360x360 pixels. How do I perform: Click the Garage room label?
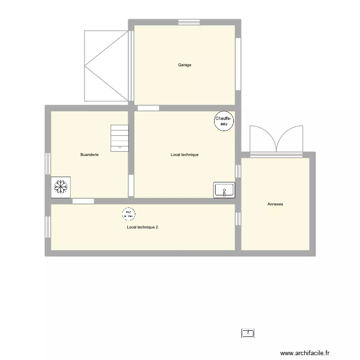click(185, 65)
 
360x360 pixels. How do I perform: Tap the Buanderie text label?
click(90, 155)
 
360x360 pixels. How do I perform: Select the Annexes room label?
click(275, 204)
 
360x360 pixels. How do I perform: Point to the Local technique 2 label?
click(143, 227)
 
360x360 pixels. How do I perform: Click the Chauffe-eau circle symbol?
click(224, 121)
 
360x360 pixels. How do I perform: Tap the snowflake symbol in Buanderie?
click(61, 187)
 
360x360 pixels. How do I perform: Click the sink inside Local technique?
click(224, 190)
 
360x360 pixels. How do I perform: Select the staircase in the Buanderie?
click(120, 138)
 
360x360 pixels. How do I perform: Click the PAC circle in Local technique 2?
click(128, 213)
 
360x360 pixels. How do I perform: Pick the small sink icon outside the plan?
click(248, 333)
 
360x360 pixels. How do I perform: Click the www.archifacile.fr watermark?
click(306, 353)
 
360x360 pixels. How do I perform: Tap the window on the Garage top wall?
click(189, 22)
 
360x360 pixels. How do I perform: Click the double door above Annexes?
click(276, 139)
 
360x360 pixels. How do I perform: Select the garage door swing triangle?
click(107, 66)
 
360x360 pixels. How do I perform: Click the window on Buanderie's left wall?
click(48, 164)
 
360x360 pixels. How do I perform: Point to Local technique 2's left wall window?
click(48, 227)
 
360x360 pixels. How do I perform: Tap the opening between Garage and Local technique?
click(148, 108)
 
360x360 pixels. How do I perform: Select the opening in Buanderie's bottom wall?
click(83, 201)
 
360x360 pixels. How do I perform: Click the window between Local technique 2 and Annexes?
click(238, 218)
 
